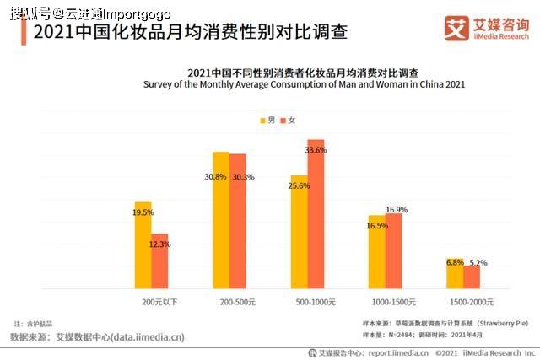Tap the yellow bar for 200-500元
[220, 220]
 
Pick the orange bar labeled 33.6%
[316, 214]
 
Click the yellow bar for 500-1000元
[299, 232]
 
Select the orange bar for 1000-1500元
[394, 251]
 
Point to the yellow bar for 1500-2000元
[455, 273]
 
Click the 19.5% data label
[143, 212]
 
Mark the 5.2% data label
[478, 263]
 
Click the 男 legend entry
[267, 121]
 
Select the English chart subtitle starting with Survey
[304, 85]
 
